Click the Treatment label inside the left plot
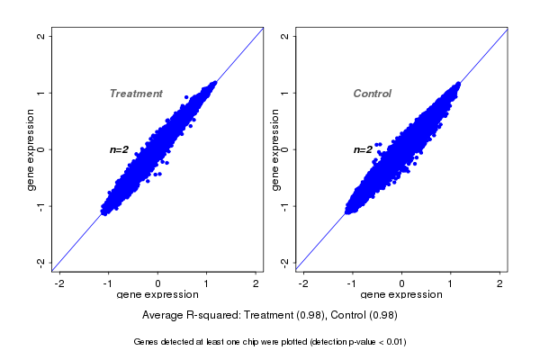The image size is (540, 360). (x=136, y=94)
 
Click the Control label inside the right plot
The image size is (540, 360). (x=372, y=94)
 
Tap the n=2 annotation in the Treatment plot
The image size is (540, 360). (x=120, y=149)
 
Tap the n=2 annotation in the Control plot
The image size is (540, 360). (x=363, y=149)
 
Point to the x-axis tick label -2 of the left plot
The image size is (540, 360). (x=60, y=283)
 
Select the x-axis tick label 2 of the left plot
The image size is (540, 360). (x=256, y=283)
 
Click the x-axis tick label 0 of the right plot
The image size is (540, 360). (x=402, y=283)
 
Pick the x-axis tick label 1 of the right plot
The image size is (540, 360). (x=451, y=283)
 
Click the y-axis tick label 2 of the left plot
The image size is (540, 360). (x=40, y=37)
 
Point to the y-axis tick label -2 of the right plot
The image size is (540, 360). (x=284, y=262)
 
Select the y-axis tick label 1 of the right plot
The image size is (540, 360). (x=284, y=93)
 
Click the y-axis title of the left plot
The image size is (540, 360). (x=31, y=149)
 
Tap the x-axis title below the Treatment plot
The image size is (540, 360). (x=158, y=295)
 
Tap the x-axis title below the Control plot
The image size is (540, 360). (x=402, y=295)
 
